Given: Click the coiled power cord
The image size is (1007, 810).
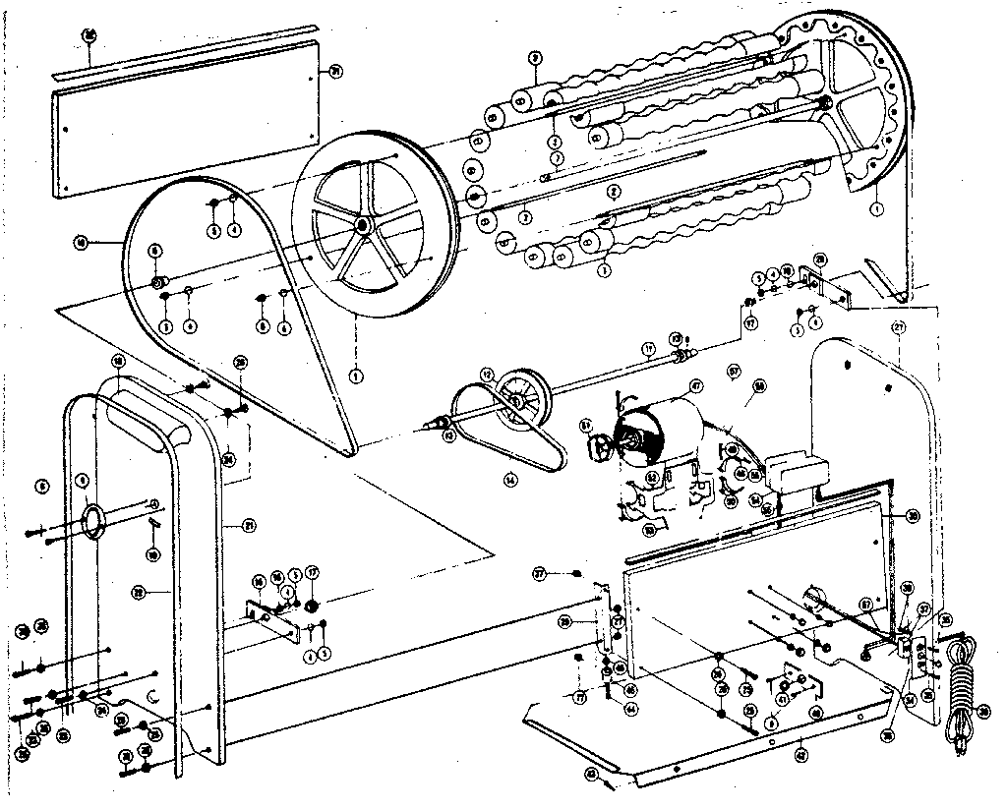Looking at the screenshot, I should [959, 688].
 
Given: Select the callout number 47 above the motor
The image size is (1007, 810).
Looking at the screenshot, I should [694, 386].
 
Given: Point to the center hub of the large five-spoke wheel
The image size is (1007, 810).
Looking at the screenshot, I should [363, 226].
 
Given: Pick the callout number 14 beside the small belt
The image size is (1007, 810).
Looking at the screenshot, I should [510, 480].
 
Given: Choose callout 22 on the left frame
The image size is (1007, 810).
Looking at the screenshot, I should [139, 592].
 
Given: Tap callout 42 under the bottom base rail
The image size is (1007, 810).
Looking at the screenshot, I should [801, 755].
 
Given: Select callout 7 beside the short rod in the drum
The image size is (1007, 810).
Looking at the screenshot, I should [557, 157].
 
